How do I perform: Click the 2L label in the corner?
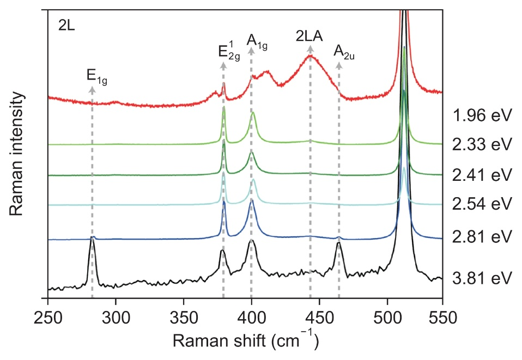(x=67, y=26)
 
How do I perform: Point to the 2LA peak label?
(x=310, y=36)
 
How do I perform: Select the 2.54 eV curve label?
(x=482, y=205)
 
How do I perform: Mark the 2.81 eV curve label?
(x=482, y=237)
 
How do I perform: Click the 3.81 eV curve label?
(x=482, y=279)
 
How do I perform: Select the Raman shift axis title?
(x=245, y=341)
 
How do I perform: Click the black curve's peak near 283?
(x=92, y=240)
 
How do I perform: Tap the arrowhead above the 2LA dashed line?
(x=311, y=50)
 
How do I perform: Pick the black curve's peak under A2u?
(x=339, y=243)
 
